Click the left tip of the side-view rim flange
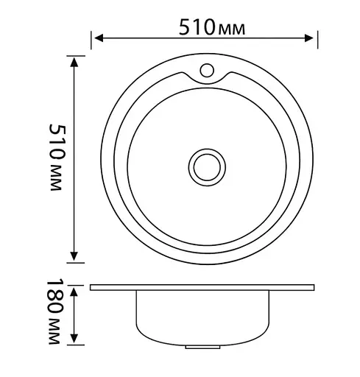[x=91, y=287]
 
